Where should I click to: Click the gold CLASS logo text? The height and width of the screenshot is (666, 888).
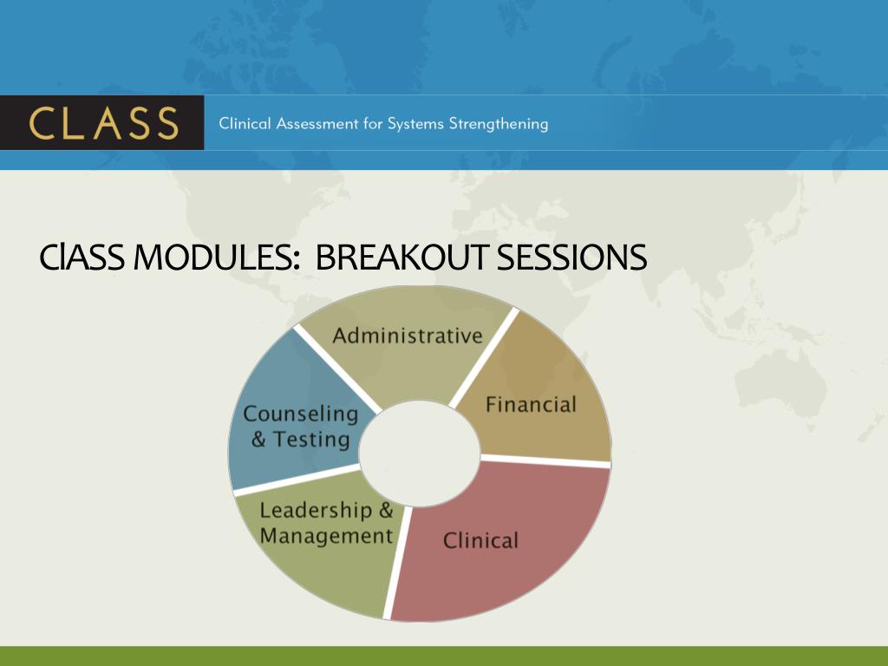(x=104, y=123)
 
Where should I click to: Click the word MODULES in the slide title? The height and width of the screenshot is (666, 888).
(x=216, y=257)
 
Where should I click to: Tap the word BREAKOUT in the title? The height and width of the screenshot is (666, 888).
(x=401, y=257)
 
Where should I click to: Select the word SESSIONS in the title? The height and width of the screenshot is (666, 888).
(x=571, y=257)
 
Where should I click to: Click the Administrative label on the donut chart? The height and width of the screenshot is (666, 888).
(x=408, y=336)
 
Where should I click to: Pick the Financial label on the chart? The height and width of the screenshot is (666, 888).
(x=532, y=404)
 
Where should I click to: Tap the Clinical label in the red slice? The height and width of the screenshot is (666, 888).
(x=480, y=540)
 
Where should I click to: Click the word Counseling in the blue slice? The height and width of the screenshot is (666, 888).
(x=301, y=414)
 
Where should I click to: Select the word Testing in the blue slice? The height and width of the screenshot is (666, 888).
(x=312, y=440)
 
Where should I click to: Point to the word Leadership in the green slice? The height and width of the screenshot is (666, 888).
(x=316, y=511)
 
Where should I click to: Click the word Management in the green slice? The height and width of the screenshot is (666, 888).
(x=326, y=536)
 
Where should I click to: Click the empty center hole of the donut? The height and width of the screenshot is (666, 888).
(x=420, y=453)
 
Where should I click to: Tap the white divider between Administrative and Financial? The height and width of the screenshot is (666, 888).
(x=484, y=356)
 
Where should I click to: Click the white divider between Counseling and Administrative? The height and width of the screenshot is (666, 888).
(x=337, y=369)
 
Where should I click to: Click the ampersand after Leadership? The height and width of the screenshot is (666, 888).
(x=386, y=510)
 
